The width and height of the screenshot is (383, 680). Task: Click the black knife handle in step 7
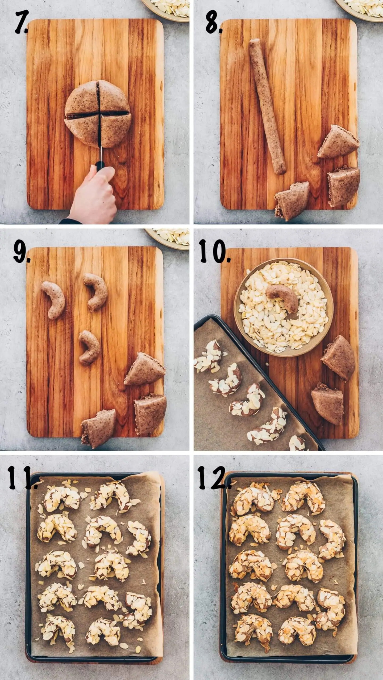[100, 166]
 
